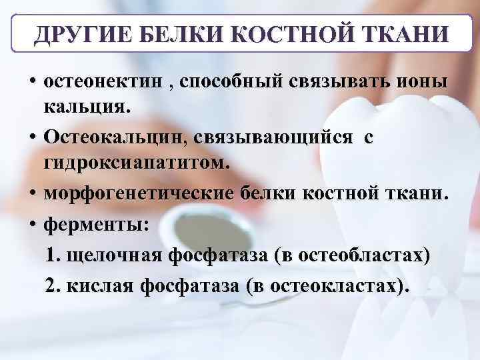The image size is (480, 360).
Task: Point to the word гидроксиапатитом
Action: click(x=136, y=163)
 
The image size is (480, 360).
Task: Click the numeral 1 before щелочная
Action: click(x=53, y=255)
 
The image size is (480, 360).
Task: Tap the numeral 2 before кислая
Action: click(x=51, y=285)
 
